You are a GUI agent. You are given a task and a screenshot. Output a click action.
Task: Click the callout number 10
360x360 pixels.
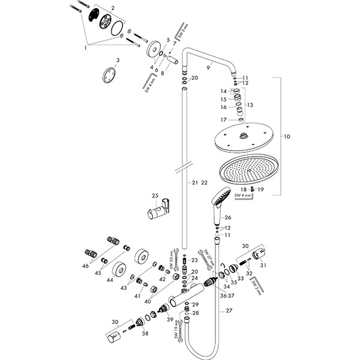pos(287,137)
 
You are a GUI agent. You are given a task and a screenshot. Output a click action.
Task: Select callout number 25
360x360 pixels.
pos(155,196)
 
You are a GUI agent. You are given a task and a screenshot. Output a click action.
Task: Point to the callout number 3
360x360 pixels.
pos(118,60)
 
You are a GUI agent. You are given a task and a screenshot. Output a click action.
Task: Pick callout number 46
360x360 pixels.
pos(85,265)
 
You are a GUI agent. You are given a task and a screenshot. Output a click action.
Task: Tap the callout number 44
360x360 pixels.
pos(109,280)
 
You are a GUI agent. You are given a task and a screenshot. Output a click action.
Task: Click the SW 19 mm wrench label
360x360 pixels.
pos(179,329)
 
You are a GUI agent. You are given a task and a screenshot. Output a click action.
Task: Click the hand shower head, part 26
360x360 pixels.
pos(219,197)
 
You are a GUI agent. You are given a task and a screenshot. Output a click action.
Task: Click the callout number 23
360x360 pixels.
pos(194,260)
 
